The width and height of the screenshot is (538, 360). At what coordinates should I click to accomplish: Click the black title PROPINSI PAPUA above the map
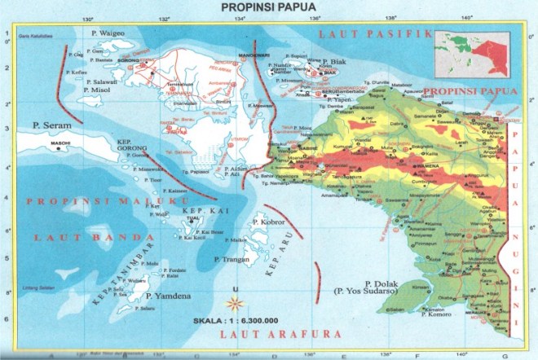coord(270,7)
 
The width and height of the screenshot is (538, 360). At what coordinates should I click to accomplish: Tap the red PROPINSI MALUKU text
coord(107,200)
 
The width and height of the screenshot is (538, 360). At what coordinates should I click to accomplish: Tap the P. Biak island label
coord(335,62)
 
